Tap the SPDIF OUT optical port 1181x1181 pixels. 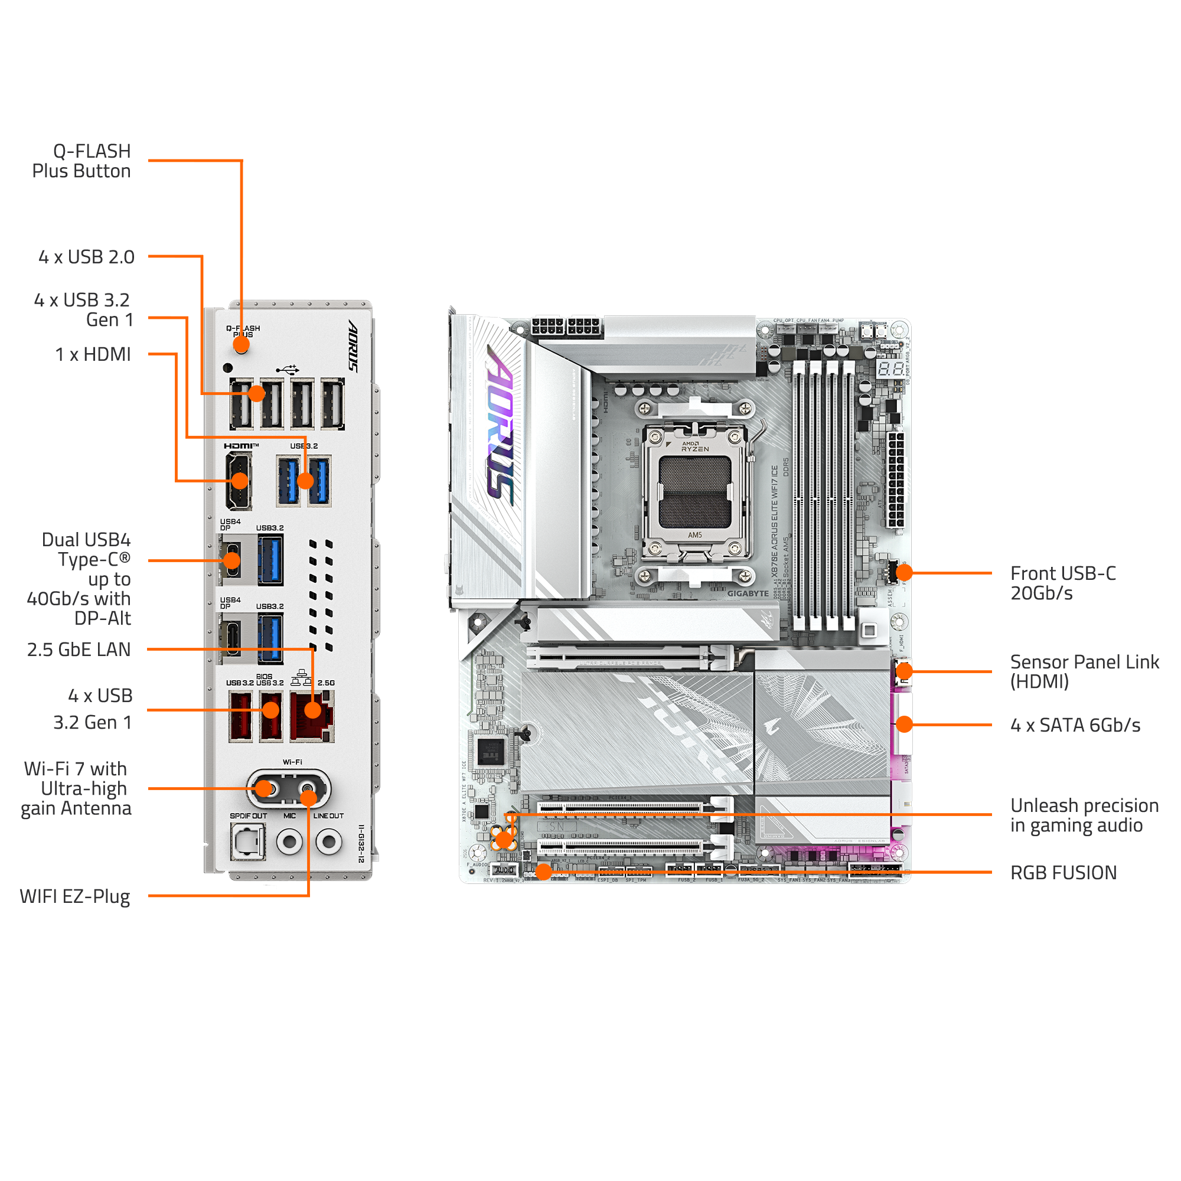pos(247,841)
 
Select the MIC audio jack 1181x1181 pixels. pos(289,841)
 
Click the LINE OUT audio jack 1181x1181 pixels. pos(329,841)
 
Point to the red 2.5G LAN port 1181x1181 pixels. pos(312,716)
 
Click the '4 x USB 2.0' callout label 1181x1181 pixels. pos(86,257)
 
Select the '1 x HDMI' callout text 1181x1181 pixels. pos(93,354)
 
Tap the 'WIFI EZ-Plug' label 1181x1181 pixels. pos(75,897)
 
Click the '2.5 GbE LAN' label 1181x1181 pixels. pos(79,649)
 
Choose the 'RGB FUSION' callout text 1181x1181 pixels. pos(1063,872)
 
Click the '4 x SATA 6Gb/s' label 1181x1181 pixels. pos(1075,725)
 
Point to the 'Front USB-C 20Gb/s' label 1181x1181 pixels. pos(1062,583)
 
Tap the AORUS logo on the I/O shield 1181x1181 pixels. pos(353,345)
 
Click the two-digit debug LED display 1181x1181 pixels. pos(891,368)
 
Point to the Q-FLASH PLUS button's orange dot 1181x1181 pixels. pos(241,344)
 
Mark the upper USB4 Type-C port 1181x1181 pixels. pos(231,560)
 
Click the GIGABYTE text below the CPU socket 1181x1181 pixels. pos(748,593)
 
